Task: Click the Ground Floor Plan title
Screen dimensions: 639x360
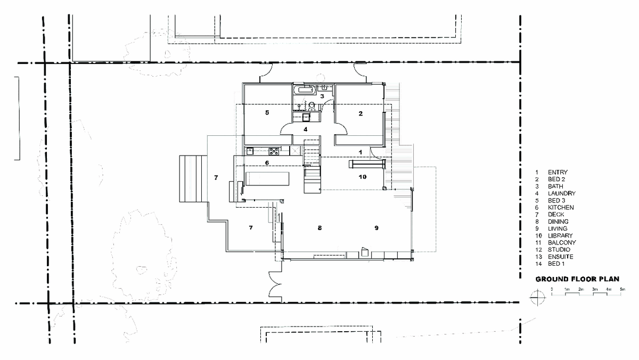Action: coord(577,279)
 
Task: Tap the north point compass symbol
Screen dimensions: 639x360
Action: coord(538,298)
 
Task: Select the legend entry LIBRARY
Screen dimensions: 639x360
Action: coord(560,235)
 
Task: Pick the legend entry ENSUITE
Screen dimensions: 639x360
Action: coord(561,257)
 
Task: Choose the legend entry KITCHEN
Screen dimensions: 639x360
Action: coord(561,207)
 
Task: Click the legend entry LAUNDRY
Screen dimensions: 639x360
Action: coord(562,193)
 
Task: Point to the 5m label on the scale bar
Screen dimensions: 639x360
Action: coord(622,289)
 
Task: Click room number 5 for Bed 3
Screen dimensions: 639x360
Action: coord(267,113)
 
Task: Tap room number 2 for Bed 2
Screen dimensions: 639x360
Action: coord(361,113)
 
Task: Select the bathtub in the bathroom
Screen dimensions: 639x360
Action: coord(306,90)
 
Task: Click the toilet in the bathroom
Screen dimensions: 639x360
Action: coord(312,106)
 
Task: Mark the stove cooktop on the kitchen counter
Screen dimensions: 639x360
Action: coord(274,151)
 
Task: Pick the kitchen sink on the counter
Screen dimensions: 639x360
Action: coord(250,151)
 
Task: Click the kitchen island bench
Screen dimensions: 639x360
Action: coord(267,179)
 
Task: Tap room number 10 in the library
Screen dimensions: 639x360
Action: coord(363,177)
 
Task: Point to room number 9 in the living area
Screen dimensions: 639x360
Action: coord(376,228)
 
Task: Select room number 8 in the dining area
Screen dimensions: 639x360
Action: coord(320,228)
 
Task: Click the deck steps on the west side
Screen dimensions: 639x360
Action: coord(193,179)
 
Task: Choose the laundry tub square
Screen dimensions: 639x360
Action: coord(306,117)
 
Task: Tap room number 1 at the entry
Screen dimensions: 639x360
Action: coord(361,152)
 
